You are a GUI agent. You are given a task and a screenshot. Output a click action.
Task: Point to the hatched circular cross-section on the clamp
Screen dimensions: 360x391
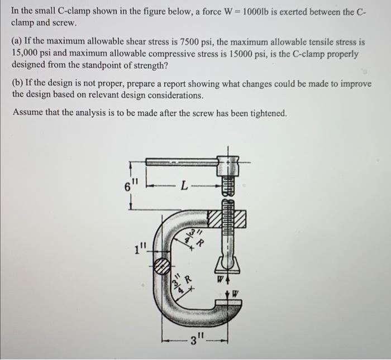[x=161, y=265]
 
